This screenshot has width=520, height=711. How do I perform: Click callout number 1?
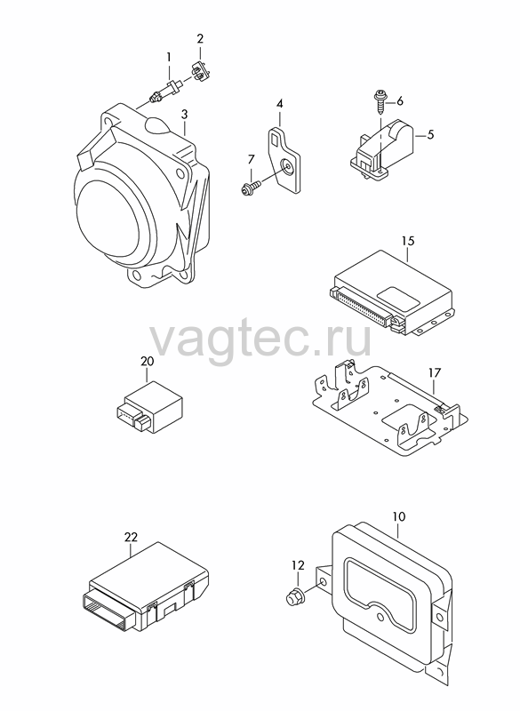click(x=169, y=57)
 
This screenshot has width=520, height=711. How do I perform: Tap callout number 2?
click(x=200, y=38)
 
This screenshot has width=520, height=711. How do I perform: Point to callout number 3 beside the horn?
click(x=184, y=115)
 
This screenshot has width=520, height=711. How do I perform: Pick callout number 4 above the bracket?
click(x=280, y=104)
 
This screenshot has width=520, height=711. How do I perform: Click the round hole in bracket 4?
click(x=287, y=166)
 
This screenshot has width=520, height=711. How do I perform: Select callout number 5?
click(x=430, y=134)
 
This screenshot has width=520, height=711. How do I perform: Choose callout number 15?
click(x=408, y=241)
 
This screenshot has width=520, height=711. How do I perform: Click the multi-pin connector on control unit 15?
click(x=361, y=305)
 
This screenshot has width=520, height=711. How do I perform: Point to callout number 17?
click(x=435, y=372)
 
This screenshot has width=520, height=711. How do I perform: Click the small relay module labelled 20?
click(x=148, y=407)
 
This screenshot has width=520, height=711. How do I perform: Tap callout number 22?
click(x=131, y=538)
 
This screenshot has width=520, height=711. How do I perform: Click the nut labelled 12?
click(x=295, y=595)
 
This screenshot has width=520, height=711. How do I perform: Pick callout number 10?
click(x=399, y=516)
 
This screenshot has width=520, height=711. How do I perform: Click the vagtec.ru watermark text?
click(x=260, y=338)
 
